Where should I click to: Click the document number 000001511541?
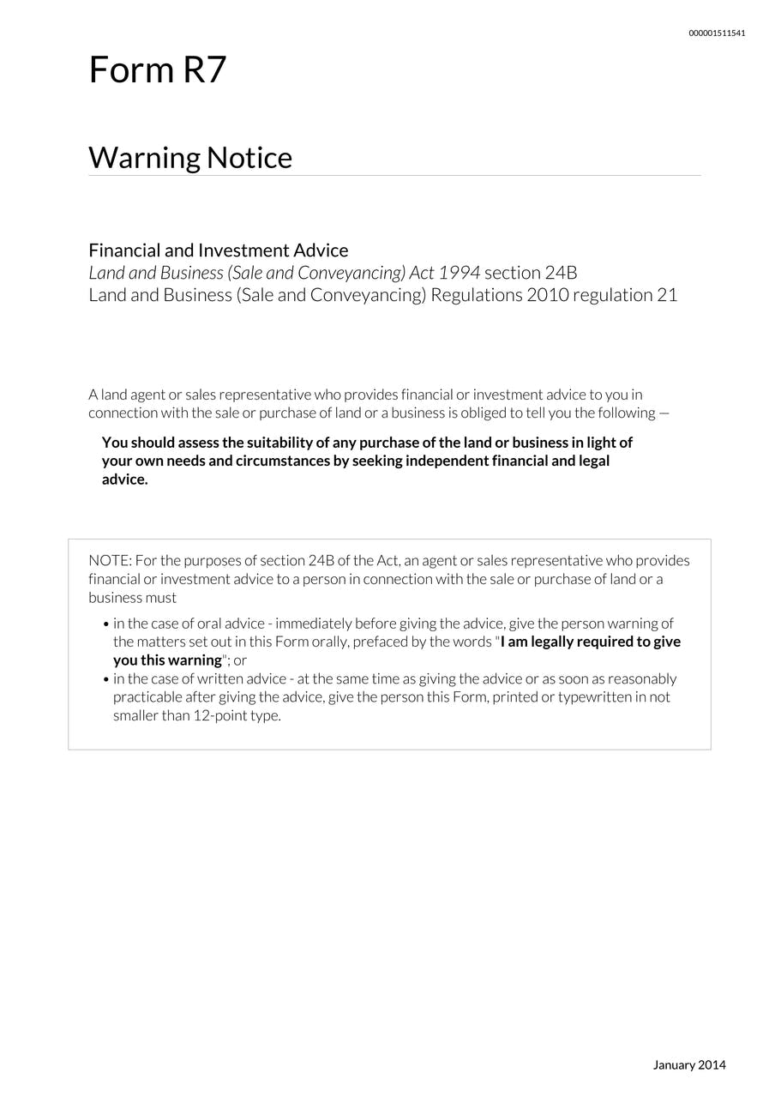[x=717, y=33]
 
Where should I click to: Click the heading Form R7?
[x=157, y=69]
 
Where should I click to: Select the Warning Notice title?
[x=190, y=158]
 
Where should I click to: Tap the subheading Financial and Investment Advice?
[x=219, y=250]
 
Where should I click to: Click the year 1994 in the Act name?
[x=459, y=273]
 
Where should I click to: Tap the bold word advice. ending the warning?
[x=125, y=479]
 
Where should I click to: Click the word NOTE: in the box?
[x=110, y=561]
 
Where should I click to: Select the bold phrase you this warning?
[x=168, y=660]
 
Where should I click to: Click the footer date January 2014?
[x=689, y=1065]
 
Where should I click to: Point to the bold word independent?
[x=447, y=461]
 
